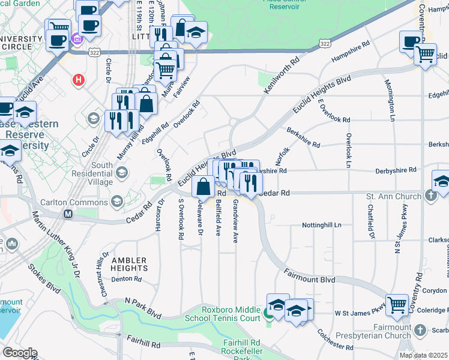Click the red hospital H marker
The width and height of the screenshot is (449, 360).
pyautogui.click(x=77, y=79)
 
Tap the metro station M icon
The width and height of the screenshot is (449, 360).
pyautogui.click(x=68, y=214)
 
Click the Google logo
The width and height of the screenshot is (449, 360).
pyautogui.click(x=20, y=353)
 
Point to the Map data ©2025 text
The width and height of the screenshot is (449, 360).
pyautogui.click(x=424, y=355)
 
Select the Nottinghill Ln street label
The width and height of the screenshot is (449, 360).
pyautogui.click(x=321, y=225)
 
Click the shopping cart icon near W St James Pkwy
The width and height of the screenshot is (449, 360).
pyautogui.click(x=397, y=305)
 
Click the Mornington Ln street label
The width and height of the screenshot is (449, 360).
pyautogui.click(x=387, y=96)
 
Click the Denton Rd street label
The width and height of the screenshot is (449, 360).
pyautogui.click(x=126, y=278)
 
